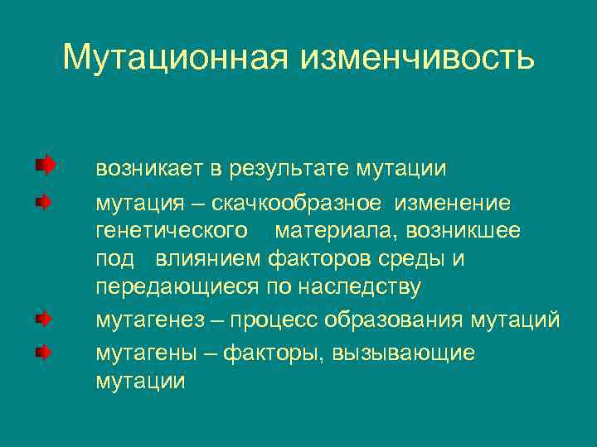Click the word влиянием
[x=207, y=259]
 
